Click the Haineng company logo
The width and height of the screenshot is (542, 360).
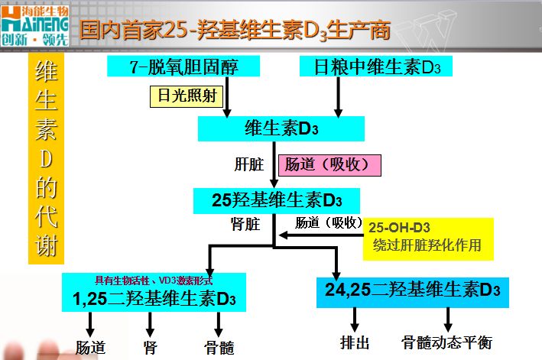[34, 25]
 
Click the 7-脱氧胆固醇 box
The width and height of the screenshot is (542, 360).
[183, 66]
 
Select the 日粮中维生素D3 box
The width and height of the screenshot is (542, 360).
[376, 66]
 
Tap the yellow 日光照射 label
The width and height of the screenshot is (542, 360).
[187, 96]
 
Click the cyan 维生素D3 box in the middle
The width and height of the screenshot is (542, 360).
[281, 128]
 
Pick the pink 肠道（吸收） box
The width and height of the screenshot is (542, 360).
[329, 165]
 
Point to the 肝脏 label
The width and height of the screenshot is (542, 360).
[249, 164]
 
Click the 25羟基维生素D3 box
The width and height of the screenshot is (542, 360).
[277, 201]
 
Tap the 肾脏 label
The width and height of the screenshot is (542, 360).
[245, 224]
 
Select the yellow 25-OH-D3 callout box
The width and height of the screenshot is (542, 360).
[428, 238]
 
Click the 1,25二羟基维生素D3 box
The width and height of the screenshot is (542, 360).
[154, 292]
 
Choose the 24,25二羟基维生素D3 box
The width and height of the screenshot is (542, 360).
[413, 292]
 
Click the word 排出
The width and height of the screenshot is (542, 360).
[355, 342]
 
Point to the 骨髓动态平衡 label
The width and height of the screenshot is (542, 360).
[446, 342]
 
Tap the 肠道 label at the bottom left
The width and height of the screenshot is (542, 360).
[90, 348]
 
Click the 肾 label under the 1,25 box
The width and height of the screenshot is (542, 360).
[150, 348]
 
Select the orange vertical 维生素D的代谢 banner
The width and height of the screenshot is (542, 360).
[46, 158]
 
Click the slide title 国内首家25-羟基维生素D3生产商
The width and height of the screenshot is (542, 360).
[235, 30]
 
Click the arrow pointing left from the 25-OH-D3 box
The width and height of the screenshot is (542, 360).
[321, 235]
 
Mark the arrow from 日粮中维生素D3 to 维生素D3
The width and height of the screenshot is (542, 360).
[338, 97]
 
